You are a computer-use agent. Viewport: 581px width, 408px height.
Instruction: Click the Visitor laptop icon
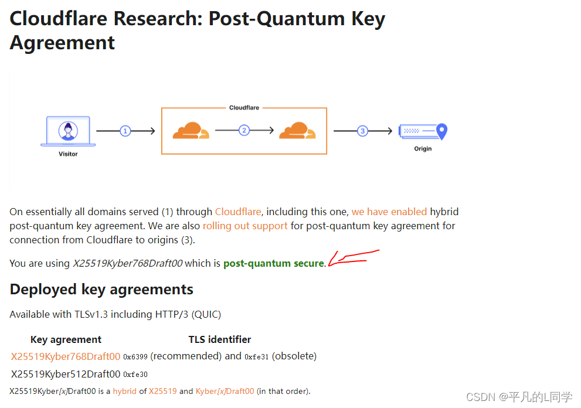click(x=68, y=131)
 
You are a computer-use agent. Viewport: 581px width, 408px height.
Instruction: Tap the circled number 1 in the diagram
click(x=125, y=131)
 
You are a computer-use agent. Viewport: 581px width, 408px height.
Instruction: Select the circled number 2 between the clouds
click(x=244, y=130)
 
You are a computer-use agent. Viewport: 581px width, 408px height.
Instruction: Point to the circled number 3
click(x=362, y=131)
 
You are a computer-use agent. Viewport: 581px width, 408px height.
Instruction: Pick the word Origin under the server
click(x=423, y=149)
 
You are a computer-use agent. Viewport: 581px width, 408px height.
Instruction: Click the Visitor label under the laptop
click(x=68, y=154)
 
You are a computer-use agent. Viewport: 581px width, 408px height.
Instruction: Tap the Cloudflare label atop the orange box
click(x=244, y=108)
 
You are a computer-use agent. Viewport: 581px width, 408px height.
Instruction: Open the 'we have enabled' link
click(x=389, y=212)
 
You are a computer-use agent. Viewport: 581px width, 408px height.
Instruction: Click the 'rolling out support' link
click(x=245, y=226)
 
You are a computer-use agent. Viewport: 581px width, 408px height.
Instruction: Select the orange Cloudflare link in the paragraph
click(x=238, y=212)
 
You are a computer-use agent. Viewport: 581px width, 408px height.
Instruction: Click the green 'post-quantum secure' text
click(x=273, y=264)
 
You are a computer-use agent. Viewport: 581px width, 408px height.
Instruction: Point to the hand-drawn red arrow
click(x=352, y=258)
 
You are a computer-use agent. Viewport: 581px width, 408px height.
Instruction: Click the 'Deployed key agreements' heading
click(x=101, y=290)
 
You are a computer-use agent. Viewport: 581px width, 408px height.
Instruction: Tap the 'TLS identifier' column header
click(x=220, y=339)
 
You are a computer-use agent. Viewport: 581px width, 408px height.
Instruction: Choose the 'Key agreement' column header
click(x=66, y=339)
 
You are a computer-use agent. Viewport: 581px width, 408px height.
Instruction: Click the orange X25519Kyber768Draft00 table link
click(x=66, y=356)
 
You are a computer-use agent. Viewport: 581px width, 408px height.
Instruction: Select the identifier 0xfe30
click(x=135, y=375)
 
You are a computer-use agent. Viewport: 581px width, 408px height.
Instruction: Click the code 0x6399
click(x=135, y=357)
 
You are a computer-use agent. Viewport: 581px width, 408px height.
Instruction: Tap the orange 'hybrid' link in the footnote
click(x=125, y=391)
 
